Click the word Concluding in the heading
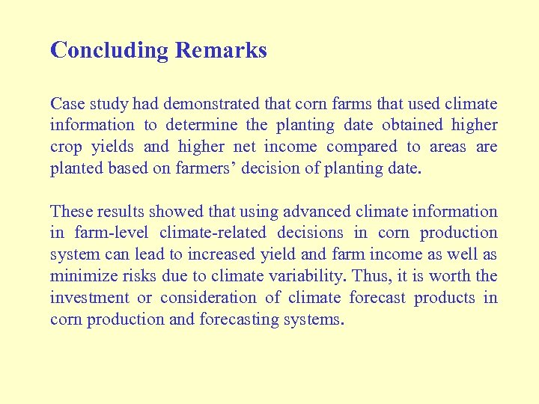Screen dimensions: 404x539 (x=109, y=51)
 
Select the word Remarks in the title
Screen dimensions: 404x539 (x=221, y=51)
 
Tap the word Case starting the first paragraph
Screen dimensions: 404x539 (x=65, y=104)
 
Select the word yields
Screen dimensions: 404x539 (x=115, y=147)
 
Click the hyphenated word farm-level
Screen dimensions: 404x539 (x=111, y=233)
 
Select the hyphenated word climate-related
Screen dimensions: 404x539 (x=213, y=233)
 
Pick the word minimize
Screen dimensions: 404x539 (x=78, y=277)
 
